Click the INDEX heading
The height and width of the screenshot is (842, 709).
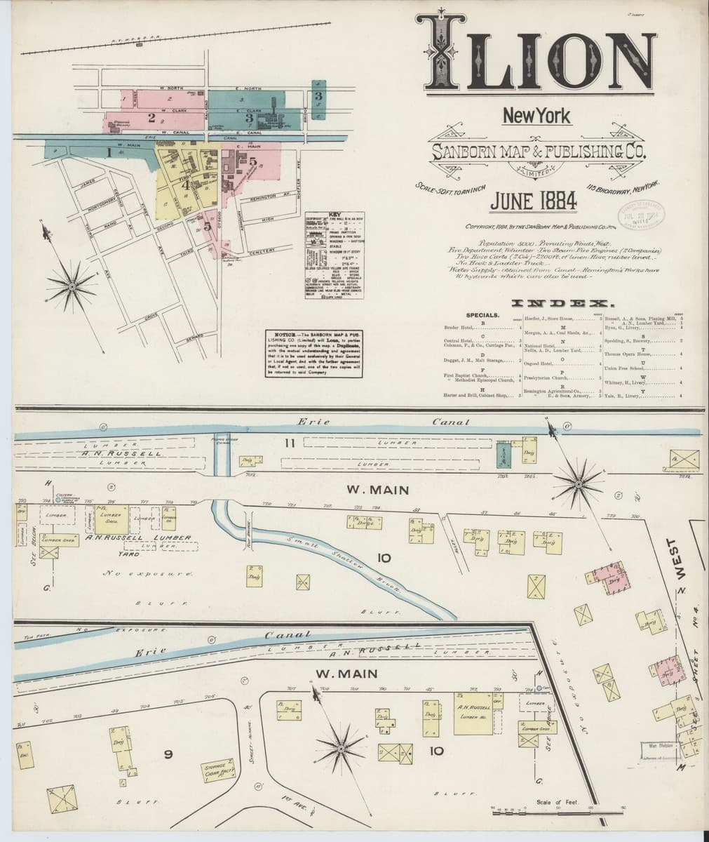[565, 304]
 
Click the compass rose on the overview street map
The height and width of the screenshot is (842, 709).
[72, 286]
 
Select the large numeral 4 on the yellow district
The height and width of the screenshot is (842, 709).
[187, 185]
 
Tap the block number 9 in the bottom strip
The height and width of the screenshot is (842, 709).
[168, 754]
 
